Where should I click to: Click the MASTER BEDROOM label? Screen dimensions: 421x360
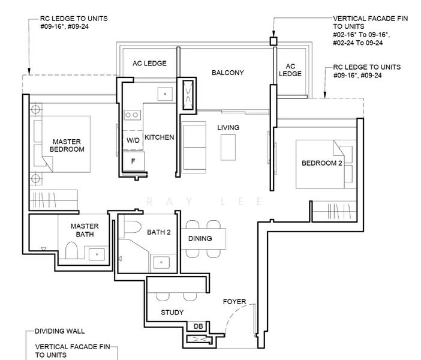(67, 145)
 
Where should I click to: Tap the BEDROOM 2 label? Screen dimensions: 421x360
(322, 163)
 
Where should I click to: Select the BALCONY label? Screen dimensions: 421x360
(228, 73)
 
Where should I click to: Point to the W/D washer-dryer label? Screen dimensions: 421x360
(133, 140)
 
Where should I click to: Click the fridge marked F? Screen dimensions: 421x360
(134, 161)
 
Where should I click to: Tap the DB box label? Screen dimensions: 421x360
(198, 326)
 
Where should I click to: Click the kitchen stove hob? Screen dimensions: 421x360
(132, 115)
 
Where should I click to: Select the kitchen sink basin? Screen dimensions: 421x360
(165, 94)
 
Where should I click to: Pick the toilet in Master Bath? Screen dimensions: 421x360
(71, 250)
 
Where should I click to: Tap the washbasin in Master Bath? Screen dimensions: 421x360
(97, 254)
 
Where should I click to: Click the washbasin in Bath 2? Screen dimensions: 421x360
(161, 262)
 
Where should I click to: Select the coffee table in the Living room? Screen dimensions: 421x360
(228, 148)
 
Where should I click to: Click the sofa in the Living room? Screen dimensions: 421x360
(194, 147)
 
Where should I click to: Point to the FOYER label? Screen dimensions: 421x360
(234, 302)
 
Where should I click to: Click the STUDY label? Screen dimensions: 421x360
(172, 313)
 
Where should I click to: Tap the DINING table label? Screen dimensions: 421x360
(200, 238)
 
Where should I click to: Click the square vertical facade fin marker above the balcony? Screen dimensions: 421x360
(273, 41)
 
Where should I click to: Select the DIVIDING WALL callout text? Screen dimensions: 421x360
(59, 331)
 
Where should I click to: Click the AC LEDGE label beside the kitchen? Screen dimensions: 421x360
(149, 64)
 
